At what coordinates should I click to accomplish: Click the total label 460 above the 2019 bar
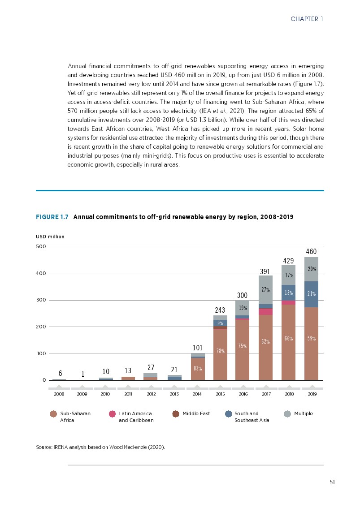pyautogui.click(x=311, y=252)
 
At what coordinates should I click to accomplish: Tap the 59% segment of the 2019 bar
pyautogui.click(x=311, y=339)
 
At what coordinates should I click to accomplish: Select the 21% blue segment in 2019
pyautogui.click(x=311, y=294)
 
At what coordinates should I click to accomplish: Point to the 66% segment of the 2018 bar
pyautogui.click(x=288, y=339)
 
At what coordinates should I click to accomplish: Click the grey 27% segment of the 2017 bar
pyautogui.click(x=265, y=289)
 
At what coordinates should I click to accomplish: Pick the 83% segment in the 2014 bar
pyautogui.click(x=198, y=368)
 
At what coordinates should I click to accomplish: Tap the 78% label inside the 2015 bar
pyautogui.click(x=221, y=351)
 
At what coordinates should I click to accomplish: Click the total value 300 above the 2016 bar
pyautogui.click(x=243, y=295)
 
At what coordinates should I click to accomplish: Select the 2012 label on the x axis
pyautogui.click(x=151, y=395)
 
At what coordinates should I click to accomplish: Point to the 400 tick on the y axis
pyautogui.click(x=41, y=273)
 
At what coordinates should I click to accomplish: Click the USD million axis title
pyautogui.click(x=50, y=237)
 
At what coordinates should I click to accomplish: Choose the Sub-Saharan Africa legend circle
pyautogui.click(x=54, y=414)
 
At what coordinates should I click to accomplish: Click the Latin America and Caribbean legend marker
pyautogui.click(x=112, y=414)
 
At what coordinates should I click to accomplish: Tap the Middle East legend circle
pyautogui.click(x=176, y=414)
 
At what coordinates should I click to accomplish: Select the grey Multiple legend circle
pyautogui.click(x=288, y=414)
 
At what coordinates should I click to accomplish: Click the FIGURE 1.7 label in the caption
pyautogui.click(x=52, y=217)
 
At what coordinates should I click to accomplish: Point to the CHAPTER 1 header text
pyautogui.click(x=307, y=19)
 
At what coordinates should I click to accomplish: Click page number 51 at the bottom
pyautogui.click(x=332, y=482)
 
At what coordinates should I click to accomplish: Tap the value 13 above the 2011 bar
pyautogui.click(x=128, y=370)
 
